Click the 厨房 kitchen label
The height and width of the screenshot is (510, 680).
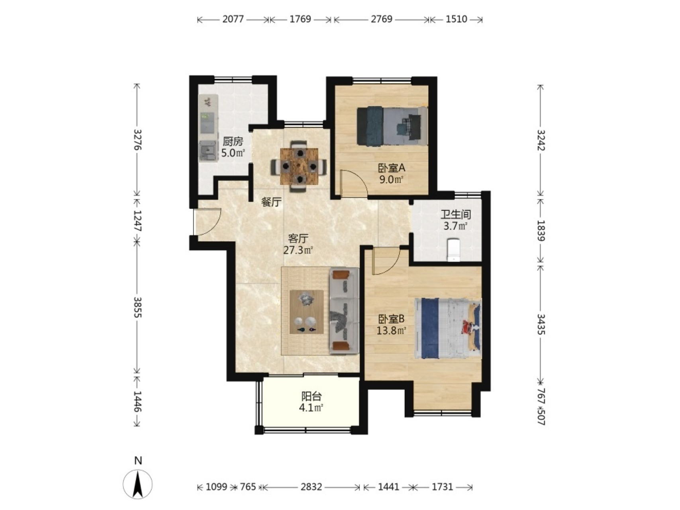pos(233,141)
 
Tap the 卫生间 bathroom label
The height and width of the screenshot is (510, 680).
pos(455,215)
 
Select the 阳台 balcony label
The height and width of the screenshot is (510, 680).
pos(311,396)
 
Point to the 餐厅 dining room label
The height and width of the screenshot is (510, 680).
pos(271,202)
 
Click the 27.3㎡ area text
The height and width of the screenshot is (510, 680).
pos(298,250)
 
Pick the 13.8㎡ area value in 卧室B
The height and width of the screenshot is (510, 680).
pos(392,330)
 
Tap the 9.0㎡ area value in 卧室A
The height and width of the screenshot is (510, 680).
pos(391,179)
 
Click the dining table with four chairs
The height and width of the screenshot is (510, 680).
pos(299,166)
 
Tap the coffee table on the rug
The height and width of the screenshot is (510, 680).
pos(307,312)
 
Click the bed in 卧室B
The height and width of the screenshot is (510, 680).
pos(448,329)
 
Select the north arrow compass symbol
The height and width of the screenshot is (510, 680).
pos(138,484)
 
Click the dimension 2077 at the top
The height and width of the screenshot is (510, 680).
pos(233,19)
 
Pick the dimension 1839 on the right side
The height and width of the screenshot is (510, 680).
pos(541,230)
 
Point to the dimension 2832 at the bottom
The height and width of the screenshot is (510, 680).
pos(311,487)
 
